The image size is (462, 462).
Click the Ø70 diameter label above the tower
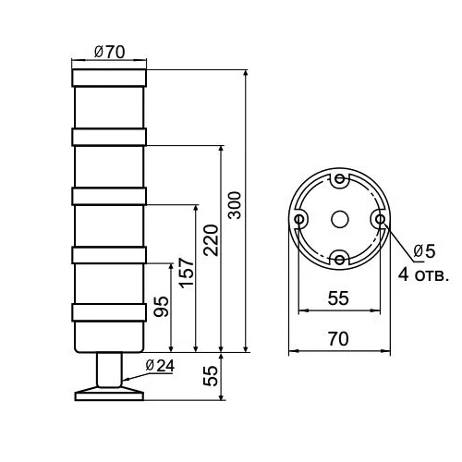(x=109, y=52)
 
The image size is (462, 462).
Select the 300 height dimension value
(x=235, y=205)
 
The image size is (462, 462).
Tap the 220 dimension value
(x=211, y=240)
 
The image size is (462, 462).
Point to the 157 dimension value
(x=187, y=274)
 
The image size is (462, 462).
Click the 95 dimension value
(x=162, y=307)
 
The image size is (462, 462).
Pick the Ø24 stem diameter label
(x=160, y=366)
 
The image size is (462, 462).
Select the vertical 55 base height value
(x=211, y=376)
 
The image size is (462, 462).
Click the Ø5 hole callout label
(x=424, y=251)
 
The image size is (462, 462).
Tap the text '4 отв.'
(x=423, y=274)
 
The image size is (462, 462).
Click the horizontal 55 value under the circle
(x=338, y=298)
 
